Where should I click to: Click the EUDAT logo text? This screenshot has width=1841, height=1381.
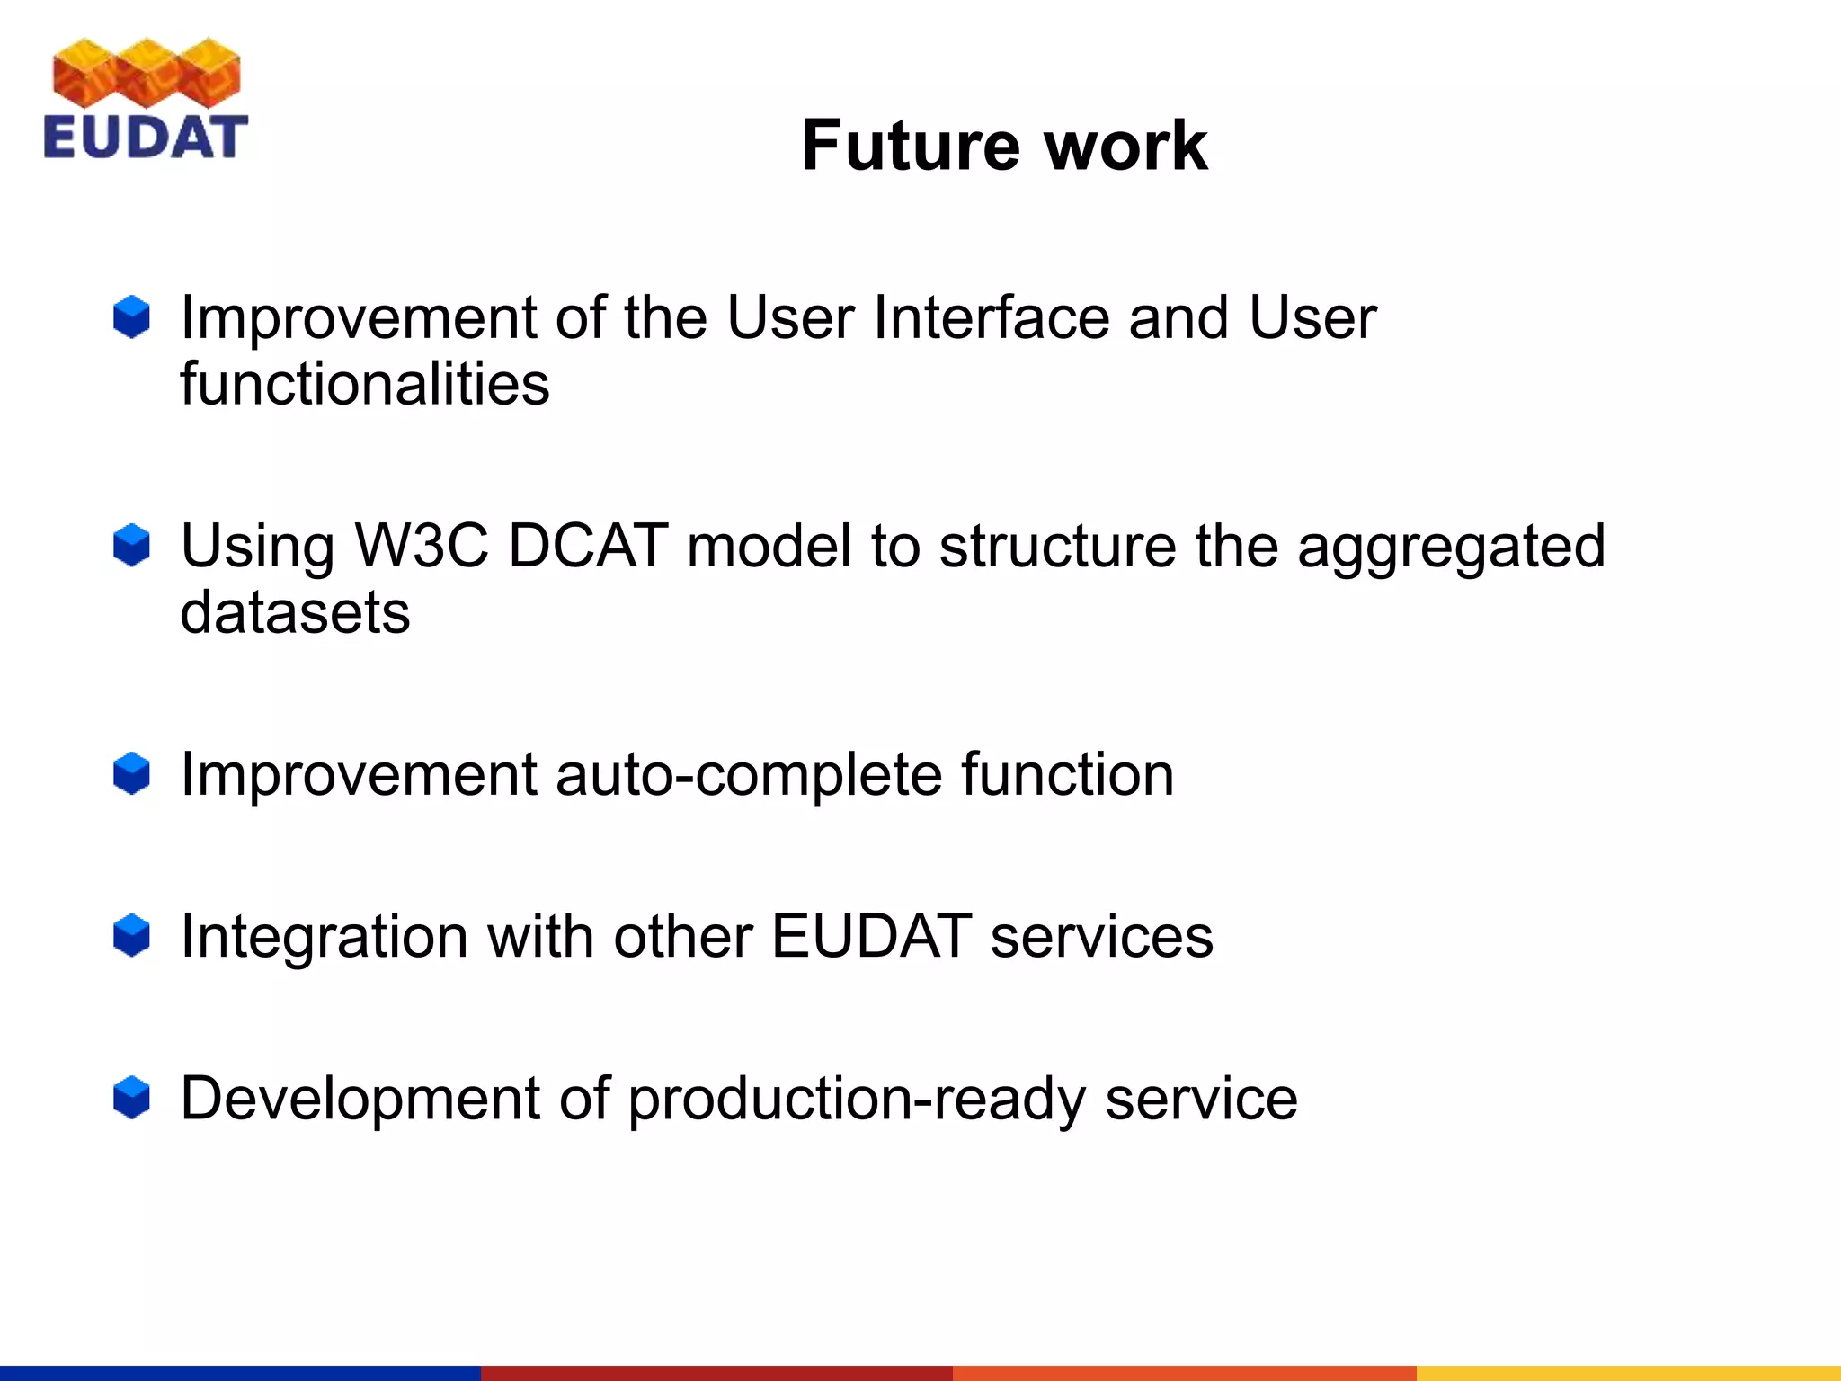145,138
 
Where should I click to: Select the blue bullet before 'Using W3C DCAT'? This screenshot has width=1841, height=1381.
131,546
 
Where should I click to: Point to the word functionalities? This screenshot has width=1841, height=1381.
364,384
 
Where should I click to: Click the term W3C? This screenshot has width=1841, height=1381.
422,546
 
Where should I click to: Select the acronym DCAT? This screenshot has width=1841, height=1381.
588,546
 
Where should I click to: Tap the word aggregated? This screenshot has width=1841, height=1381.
1450,548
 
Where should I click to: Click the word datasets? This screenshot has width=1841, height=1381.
295,612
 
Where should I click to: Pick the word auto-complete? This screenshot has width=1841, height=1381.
748,774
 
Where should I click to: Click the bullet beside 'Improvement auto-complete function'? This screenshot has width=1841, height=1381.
131,774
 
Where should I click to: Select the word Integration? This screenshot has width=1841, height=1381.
324,936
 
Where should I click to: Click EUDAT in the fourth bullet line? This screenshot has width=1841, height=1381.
871,936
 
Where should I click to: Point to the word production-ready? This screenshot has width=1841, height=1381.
856,1100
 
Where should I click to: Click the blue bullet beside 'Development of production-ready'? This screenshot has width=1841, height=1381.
131,1098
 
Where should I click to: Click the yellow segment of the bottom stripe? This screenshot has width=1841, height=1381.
1627,1373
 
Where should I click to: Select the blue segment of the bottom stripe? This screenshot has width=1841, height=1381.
239,1373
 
